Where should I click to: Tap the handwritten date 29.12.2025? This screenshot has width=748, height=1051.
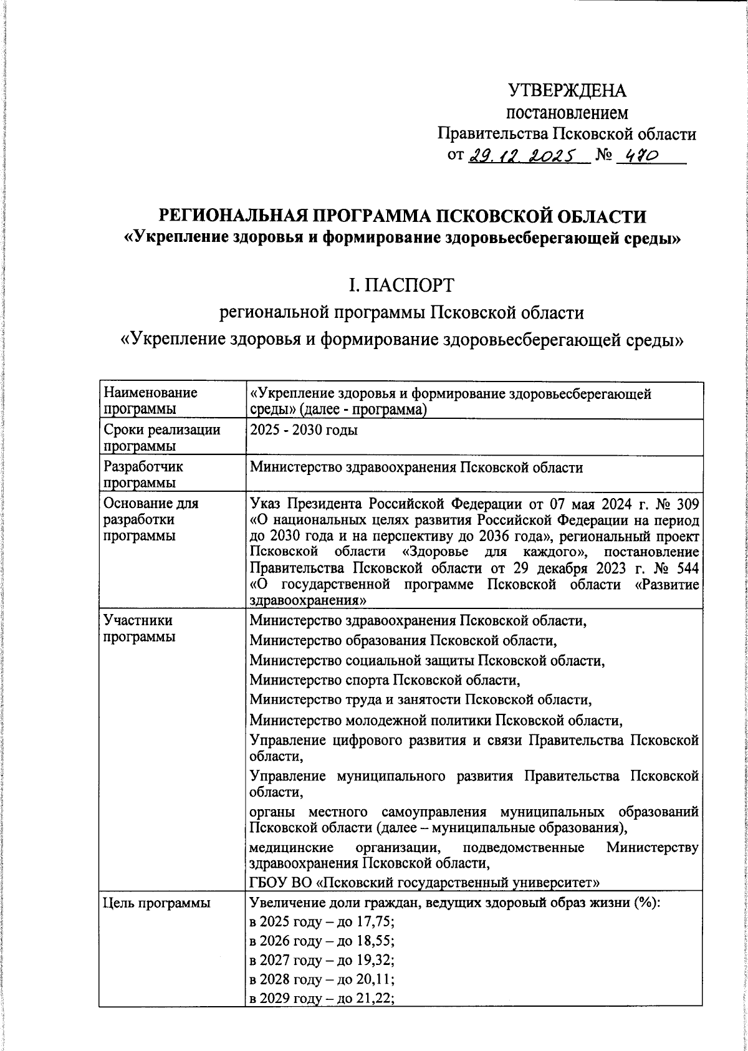522,156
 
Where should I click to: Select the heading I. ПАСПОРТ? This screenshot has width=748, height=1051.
402,286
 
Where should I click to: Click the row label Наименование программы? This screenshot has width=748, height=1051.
150,400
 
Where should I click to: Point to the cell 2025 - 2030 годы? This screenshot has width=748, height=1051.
303,430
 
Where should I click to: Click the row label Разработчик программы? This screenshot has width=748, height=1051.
143,474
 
